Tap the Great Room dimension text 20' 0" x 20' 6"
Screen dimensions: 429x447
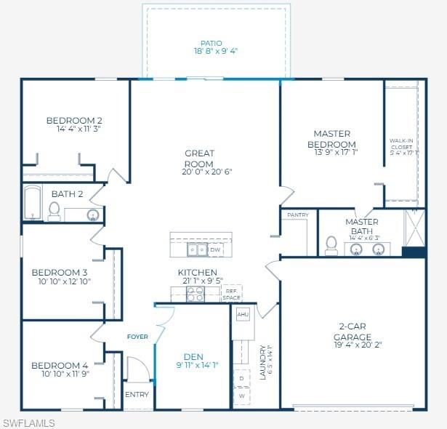198,172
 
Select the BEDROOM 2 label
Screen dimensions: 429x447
74,120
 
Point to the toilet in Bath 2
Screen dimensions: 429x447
54,211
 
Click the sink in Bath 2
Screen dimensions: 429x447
93,214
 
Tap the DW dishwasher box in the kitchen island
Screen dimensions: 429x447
215,250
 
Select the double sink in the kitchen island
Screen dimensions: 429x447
196,250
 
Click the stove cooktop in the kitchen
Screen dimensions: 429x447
196,294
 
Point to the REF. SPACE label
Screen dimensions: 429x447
231,294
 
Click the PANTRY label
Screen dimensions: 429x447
298,215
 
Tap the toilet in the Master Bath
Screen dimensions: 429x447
331,245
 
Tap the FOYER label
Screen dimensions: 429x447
137,337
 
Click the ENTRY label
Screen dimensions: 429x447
137,395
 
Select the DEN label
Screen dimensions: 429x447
193,356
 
